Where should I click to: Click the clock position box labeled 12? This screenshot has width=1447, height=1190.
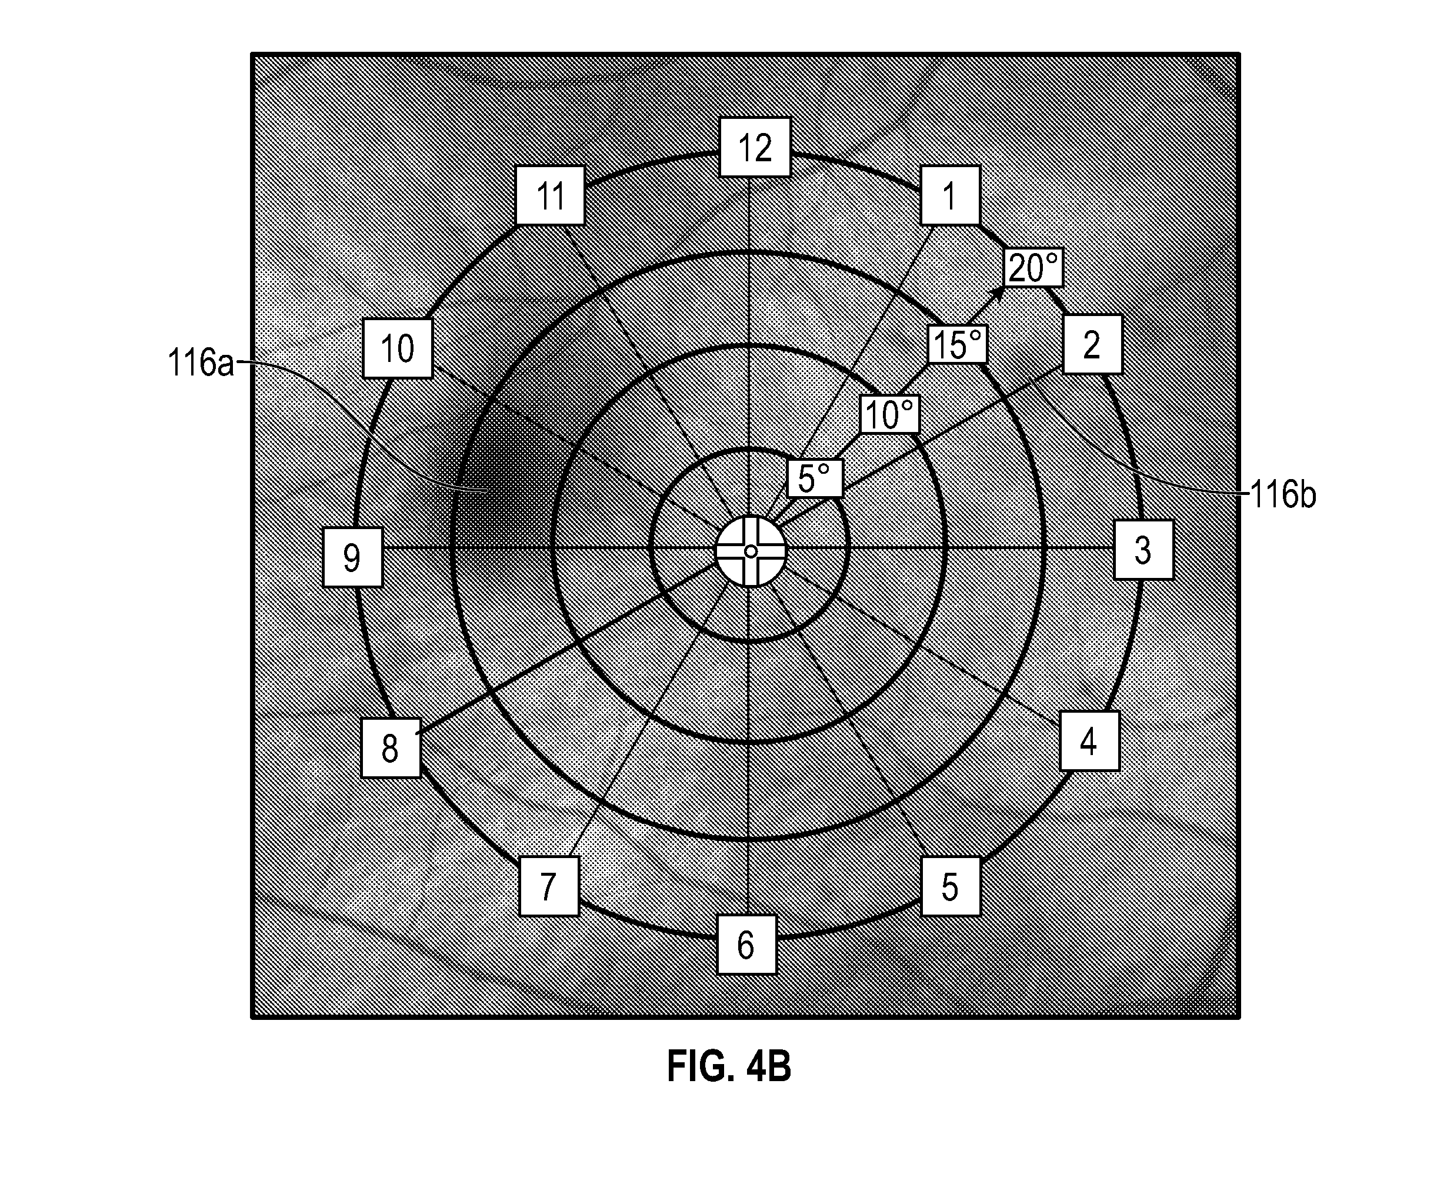click(755, 147)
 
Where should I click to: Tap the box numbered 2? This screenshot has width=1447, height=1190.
click(1092, 345)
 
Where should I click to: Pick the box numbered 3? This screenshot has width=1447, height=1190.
click(1143, 550)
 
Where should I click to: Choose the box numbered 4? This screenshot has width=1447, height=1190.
click(1089, 741)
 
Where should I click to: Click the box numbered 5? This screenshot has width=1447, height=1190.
click(951, 886)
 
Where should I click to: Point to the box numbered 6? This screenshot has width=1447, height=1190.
click(747, 944)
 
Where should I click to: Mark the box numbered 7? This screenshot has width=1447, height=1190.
click(549, 886)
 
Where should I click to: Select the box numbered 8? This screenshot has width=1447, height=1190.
click(391, 748)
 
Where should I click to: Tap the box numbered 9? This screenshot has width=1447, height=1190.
click(353, 557)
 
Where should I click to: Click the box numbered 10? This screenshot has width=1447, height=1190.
click(398, 348)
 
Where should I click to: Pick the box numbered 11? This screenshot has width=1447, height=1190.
click(551, 195)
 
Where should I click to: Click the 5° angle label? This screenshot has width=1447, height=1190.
click(815, 478)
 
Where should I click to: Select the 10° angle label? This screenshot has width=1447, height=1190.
click(890, 414)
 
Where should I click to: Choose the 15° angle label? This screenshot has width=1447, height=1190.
click(958, 344)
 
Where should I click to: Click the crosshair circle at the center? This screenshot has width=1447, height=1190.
click(750, 551)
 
